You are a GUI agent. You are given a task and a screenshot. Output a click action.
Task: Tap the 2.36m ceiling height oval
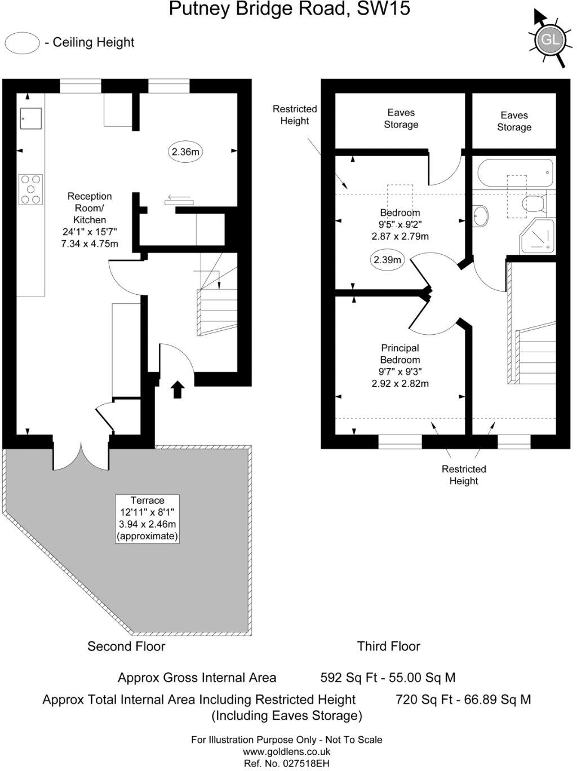click(x=186, y=152)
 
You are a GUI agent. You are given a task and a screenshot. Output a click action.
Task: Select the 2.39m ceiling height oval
click(x=388, y=260)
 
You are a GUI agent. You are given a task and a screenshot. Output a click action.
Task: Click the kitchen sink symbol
click(x=30, y=118)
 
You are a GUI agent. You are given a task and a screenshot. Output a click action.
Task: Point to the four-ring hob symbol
click(x=30, y=189)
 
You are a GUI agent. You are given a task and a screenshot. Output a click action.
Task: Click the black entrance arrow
click(x=177, y=389)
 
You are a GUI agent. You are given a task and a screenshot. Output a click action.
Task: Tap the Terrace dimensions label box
click(x=147, y=519)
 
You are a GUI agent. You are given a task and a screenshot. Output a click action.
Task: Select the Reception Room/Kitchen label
click(x=90, y=220)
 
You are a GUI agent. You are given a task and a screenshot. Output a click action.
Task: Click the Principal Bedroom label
click(x=400, y=366)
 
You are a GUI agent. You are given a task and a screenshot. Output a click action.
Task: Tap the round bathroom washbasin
click(x=481, y=215)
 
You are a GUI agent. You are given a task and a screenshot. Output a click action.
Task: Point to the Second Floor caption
click(x=126, y=646)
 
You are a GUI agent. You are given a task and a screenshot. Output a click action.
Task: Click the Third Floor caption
click(x=389, y=646)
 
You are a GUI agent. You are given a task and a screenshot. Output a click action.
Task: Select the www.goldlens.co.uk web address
click(x=287, y=752)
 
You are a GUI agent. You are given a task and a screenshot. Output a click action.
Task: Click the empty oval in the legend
click(x=22, y=43)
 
